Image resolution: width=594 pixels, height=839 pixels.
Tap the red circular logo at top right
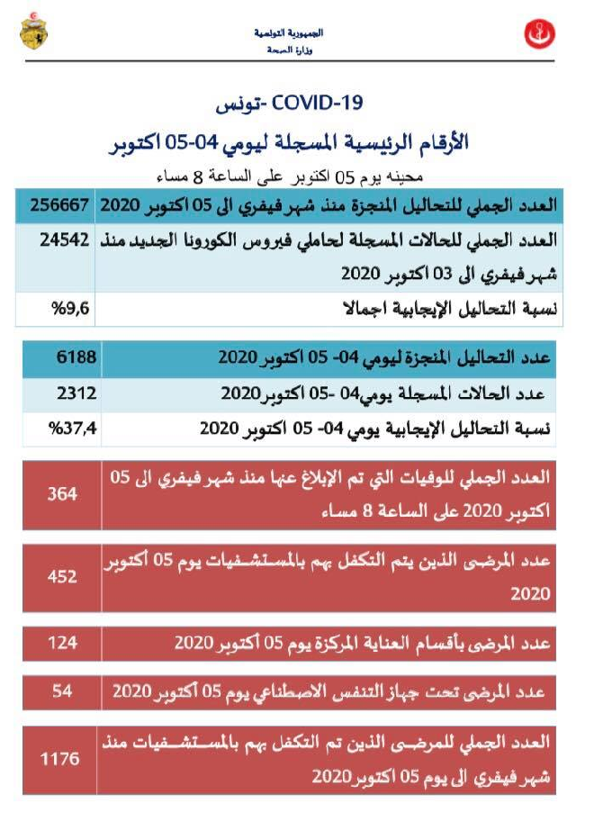click(540, 35)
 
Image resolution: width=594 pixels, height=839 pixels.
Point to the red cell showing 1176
click(62, 759)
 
